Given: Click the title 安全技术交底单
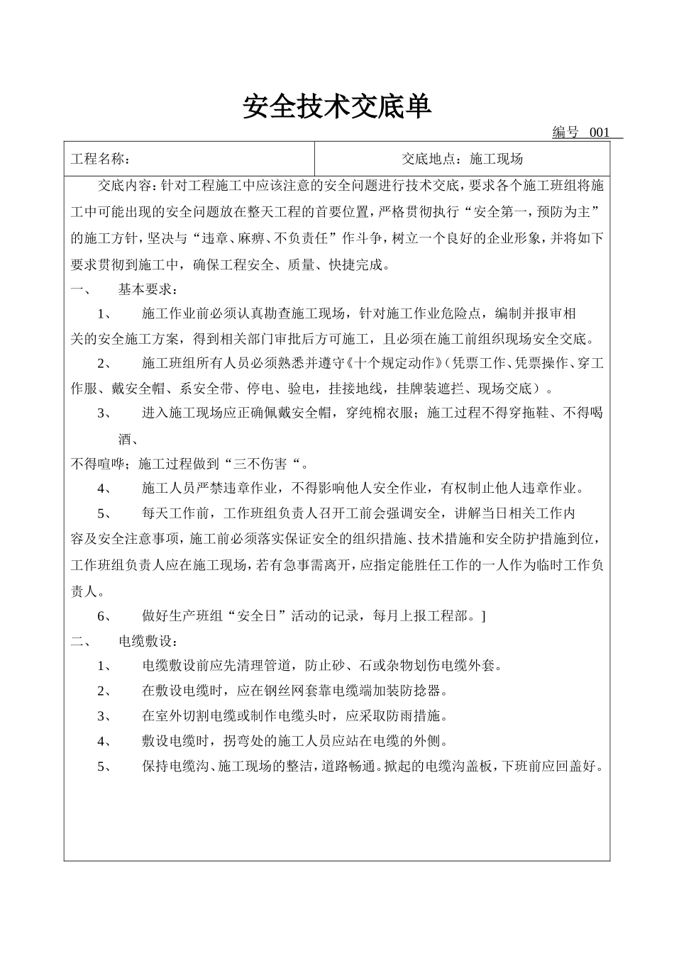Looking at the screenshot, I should [x=337, y=107].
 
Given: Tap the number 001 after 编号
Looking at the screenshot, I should [x=600, y=133].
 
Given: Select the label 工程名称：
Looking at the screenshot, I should [x=100, y=159].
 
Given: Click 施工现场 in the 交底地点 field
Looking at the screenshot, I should [x=497, y=159].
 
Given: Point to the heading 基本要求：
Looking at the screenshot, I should [x=148, y=289].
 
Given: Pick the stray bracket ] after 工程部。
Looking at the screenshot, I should [x=483, y=615].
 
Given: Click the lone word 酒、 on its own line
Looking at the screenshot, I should [x=128, y=440].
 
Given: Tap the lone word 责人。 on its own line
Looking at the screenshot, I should [x=88, y=591].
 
